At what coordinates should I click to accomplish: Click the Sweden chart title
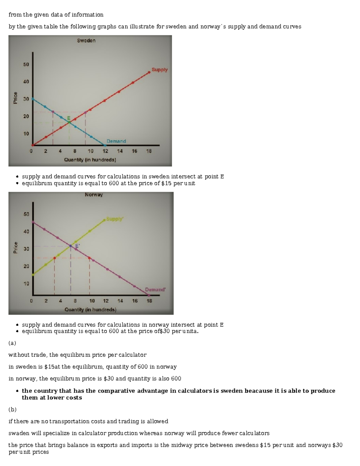(x=86, y=41)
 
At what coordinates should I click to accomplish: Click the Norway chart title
(x=94, y=195)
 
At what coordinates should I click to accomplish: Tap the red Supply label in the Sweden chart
(x=160, y=70)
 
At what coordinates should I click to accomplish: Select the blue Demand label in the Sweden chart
(x=116, y=141)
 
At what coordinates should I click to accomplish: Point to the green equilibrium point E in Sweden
(x=69, y=122)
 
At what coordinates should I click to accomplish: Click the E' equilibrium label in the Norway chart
(x=77, y=246)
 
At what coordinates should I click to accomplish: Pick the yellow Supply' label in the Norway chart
(x=115, y=219)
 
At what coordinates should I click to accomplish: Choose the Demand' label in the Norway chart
(x=155, y=290)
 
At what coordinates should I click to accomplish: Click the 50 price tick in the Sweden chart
(x=26, y=65)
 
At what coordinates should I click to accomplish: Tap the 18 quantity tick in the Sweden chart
(x=149, y=151)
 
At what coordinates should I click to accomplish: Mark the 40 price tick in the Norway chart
(x=26, y=232)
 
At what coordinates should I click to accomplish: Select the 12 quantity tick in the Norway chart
(x=106, y=301)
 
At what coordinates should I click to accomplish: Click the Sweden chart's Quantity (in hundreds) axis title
(x=90, y=160)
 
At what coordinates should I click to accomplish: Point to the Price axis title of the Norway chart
(x=16, y=248)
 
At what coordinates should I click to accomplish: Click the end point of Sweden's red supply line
(x=149, y=72)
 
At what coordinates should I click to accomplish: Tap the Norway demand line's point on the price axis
(x=33, y=222)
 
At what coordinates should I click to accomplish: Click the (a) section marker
(x=12, y=343)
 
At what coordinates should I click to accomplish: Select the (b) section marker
(x=12, y=410)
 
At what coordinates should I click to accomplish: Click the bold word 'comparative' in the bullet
(x=116, y=391)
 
